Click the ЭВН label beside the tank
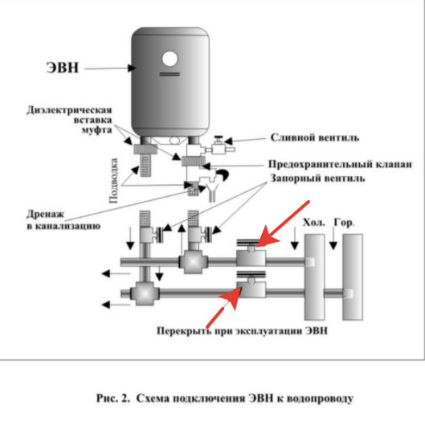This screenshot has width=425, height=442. click(63, 68)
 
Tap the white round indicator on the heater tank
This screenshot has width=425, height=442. click(170, 59)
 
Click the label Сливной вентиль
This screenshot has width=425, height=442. click(315, 137)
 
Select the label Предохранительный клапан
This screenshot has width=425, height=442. click(340, 164)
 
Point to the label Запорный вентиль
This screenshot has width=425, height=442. click(317, 178)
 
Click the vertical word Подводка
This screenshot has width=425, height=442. click(113, 181)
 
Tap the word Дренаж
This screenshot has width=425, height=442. click(45, 215)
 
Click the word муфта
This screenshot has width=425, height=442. click(96, 130)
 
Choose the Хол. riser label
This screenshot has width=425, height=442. click(314, 223)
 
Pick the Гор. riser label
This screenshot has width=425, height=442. click(344, 223)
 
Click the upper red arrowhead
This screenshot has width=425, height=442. click(267, 239)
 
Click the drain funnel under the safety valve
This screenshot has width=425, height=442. click(212, 192)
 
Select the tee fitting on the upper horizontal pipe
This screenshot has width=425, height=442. click(193, 262)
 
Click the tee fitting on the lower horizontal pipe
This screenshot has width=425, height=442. click(145, 293)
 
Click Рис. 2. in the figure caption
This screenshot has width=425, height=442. click(113, 399)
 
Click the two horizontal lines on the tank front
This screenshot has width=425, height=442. click(170, 74)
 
